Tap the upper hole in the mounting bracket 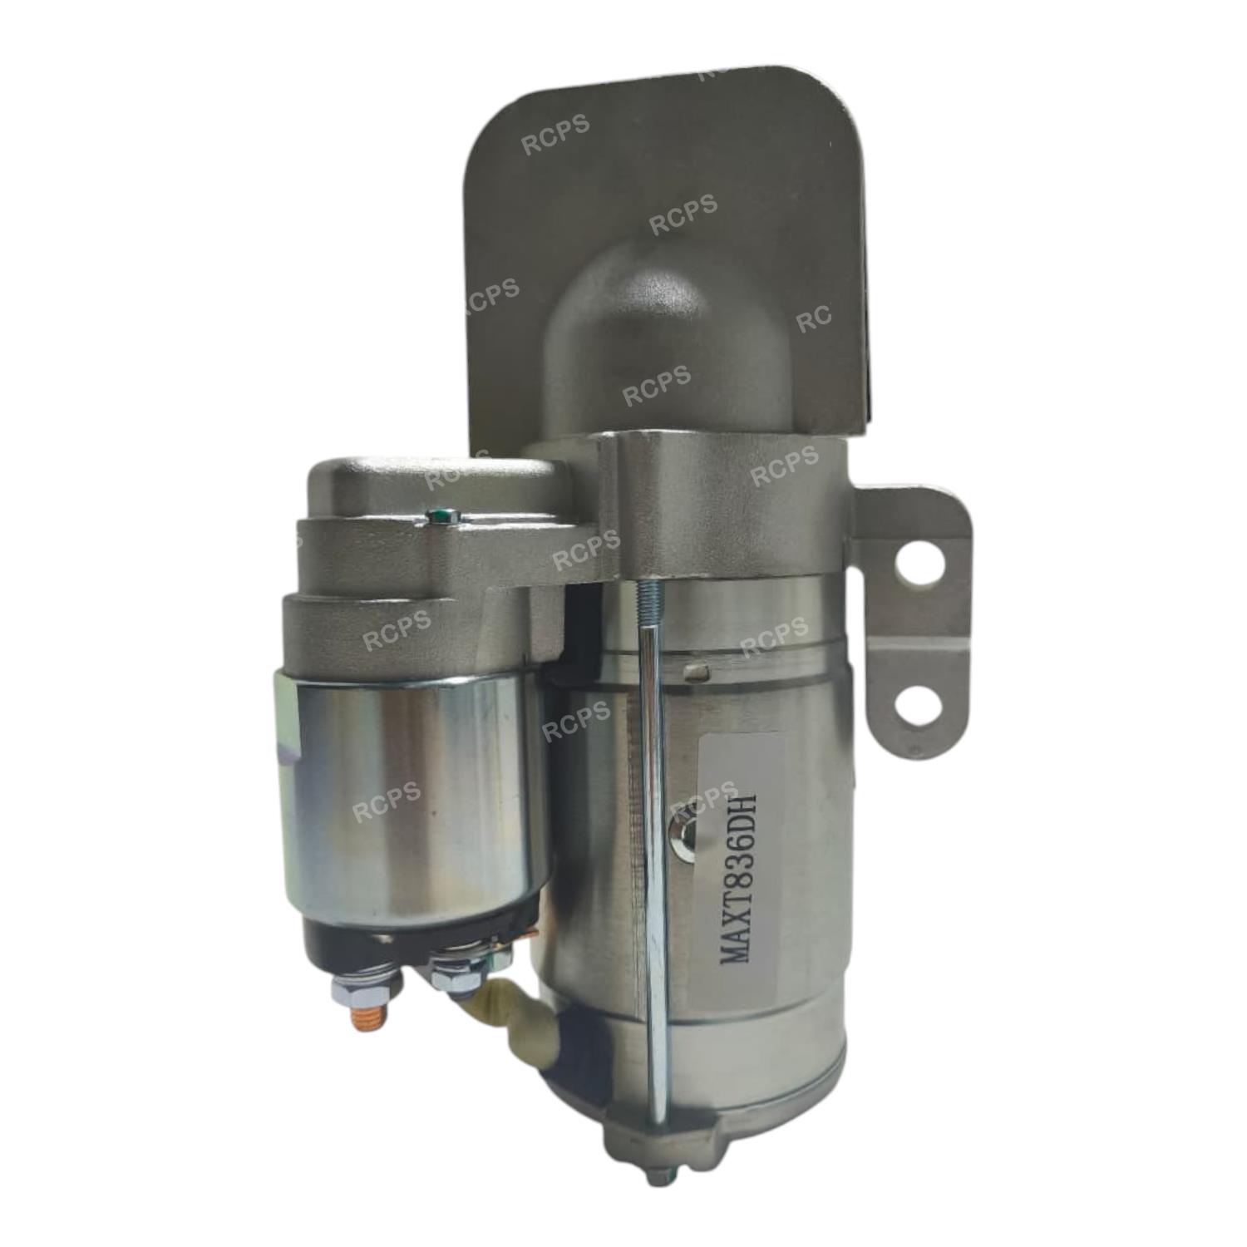coord(912,567)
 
